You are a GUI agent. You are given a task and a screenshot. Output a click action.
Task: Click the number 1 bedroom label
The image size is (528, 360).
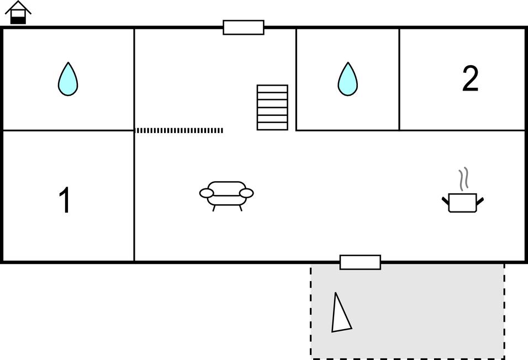tap(65, 200)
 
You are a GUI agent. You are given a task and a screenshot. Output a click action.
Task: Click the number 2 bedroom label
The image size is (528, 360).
tap(470, 78)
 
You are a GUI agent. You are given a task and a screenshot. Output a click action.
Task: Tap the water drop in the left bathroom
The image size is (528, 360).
tap(68, 79)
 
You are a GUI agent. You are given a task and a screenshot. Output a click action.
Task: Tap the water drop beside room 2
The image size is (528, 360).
tap(347, 79)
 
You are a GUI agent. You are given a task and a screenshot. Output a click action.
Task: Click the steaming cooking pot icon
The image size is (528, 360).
tap(463, 190)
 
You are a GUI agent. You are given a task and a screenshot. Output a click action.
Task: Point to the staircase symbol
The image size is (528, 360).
tap(272, 108)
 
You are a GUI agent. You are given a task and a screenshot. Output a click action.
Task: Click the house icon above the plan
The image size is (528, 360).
tap(18, 13)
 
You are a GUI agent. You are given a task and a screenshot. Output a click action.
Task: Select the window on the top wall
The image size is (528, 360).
tap(244, 27)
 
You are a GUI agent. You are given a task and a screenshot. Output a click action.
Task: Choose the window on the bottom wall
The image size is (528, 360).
tap(360, 262)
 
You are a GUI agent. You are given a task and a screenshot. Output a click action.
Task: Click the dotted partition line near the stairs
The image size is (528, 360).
tap(179, 130)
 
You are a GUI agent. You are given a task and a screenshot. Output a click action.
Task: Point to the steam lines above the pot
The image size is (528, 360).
tap(463, 179)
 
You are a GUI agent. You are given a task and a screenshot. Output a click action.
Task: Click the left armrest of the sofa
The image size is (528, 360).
tap(207, 193)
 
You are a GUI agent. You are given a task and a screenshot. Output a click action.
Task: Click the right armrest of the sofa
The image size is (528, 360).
tap(246, 193)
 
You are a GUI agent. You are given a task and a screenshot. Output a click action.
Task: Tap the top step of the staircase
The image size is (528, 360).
tap(272, 89)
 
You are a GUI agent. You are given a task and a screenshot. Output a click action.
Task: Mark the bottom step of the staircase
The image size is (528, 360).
tap(272, 126)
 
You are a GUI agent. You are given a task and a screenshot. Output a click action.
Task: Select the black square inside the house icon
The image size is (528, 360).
tap(18, 20)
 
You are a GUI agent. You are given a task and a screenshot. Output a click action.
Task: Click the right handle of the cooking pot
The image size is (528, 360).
tap(480, 202)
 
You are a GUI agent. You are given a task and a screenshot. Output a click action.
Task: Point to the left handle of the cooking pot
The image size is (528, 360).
tap(446, 202)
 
